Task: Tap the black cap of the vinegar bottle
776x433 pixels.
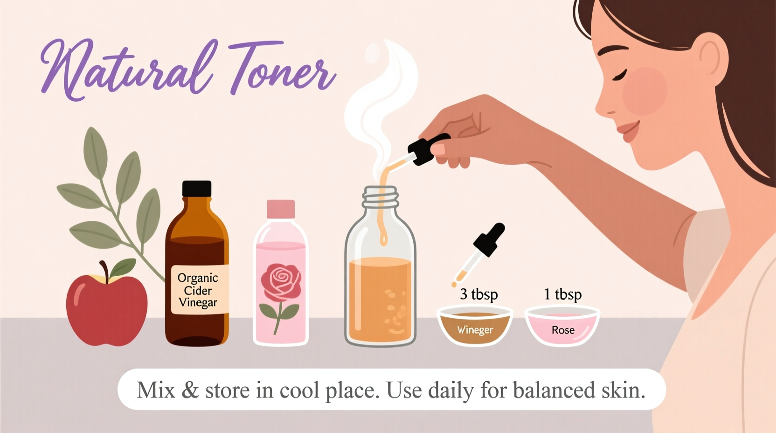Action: click(x=197, y=189)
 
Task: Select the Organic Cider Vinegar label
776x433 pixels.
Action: click(x=198, y=290)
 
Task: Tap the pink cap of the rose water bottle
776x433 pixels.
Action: click(x=281, y=209)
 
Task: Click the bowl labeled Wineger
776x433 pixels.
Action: click(x=475, y=325)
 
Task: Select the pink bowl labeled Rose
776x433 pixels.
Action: click(x=562, y=325)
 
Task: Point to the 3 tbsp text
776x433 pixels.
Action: click(x=478, y=294)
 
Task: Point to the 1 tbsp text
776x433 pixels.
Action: click(x=562, y=294)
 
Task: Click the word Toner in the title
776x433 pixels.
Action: click(x=280, y=70)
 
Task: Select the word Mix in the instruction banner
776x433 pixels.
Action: click(x=156, y=390)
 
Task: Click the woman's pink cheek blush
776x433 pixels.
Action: click(x=645, y=91)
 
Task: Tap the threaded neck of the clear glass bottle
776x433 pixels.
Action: click(x=381, y=197)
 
